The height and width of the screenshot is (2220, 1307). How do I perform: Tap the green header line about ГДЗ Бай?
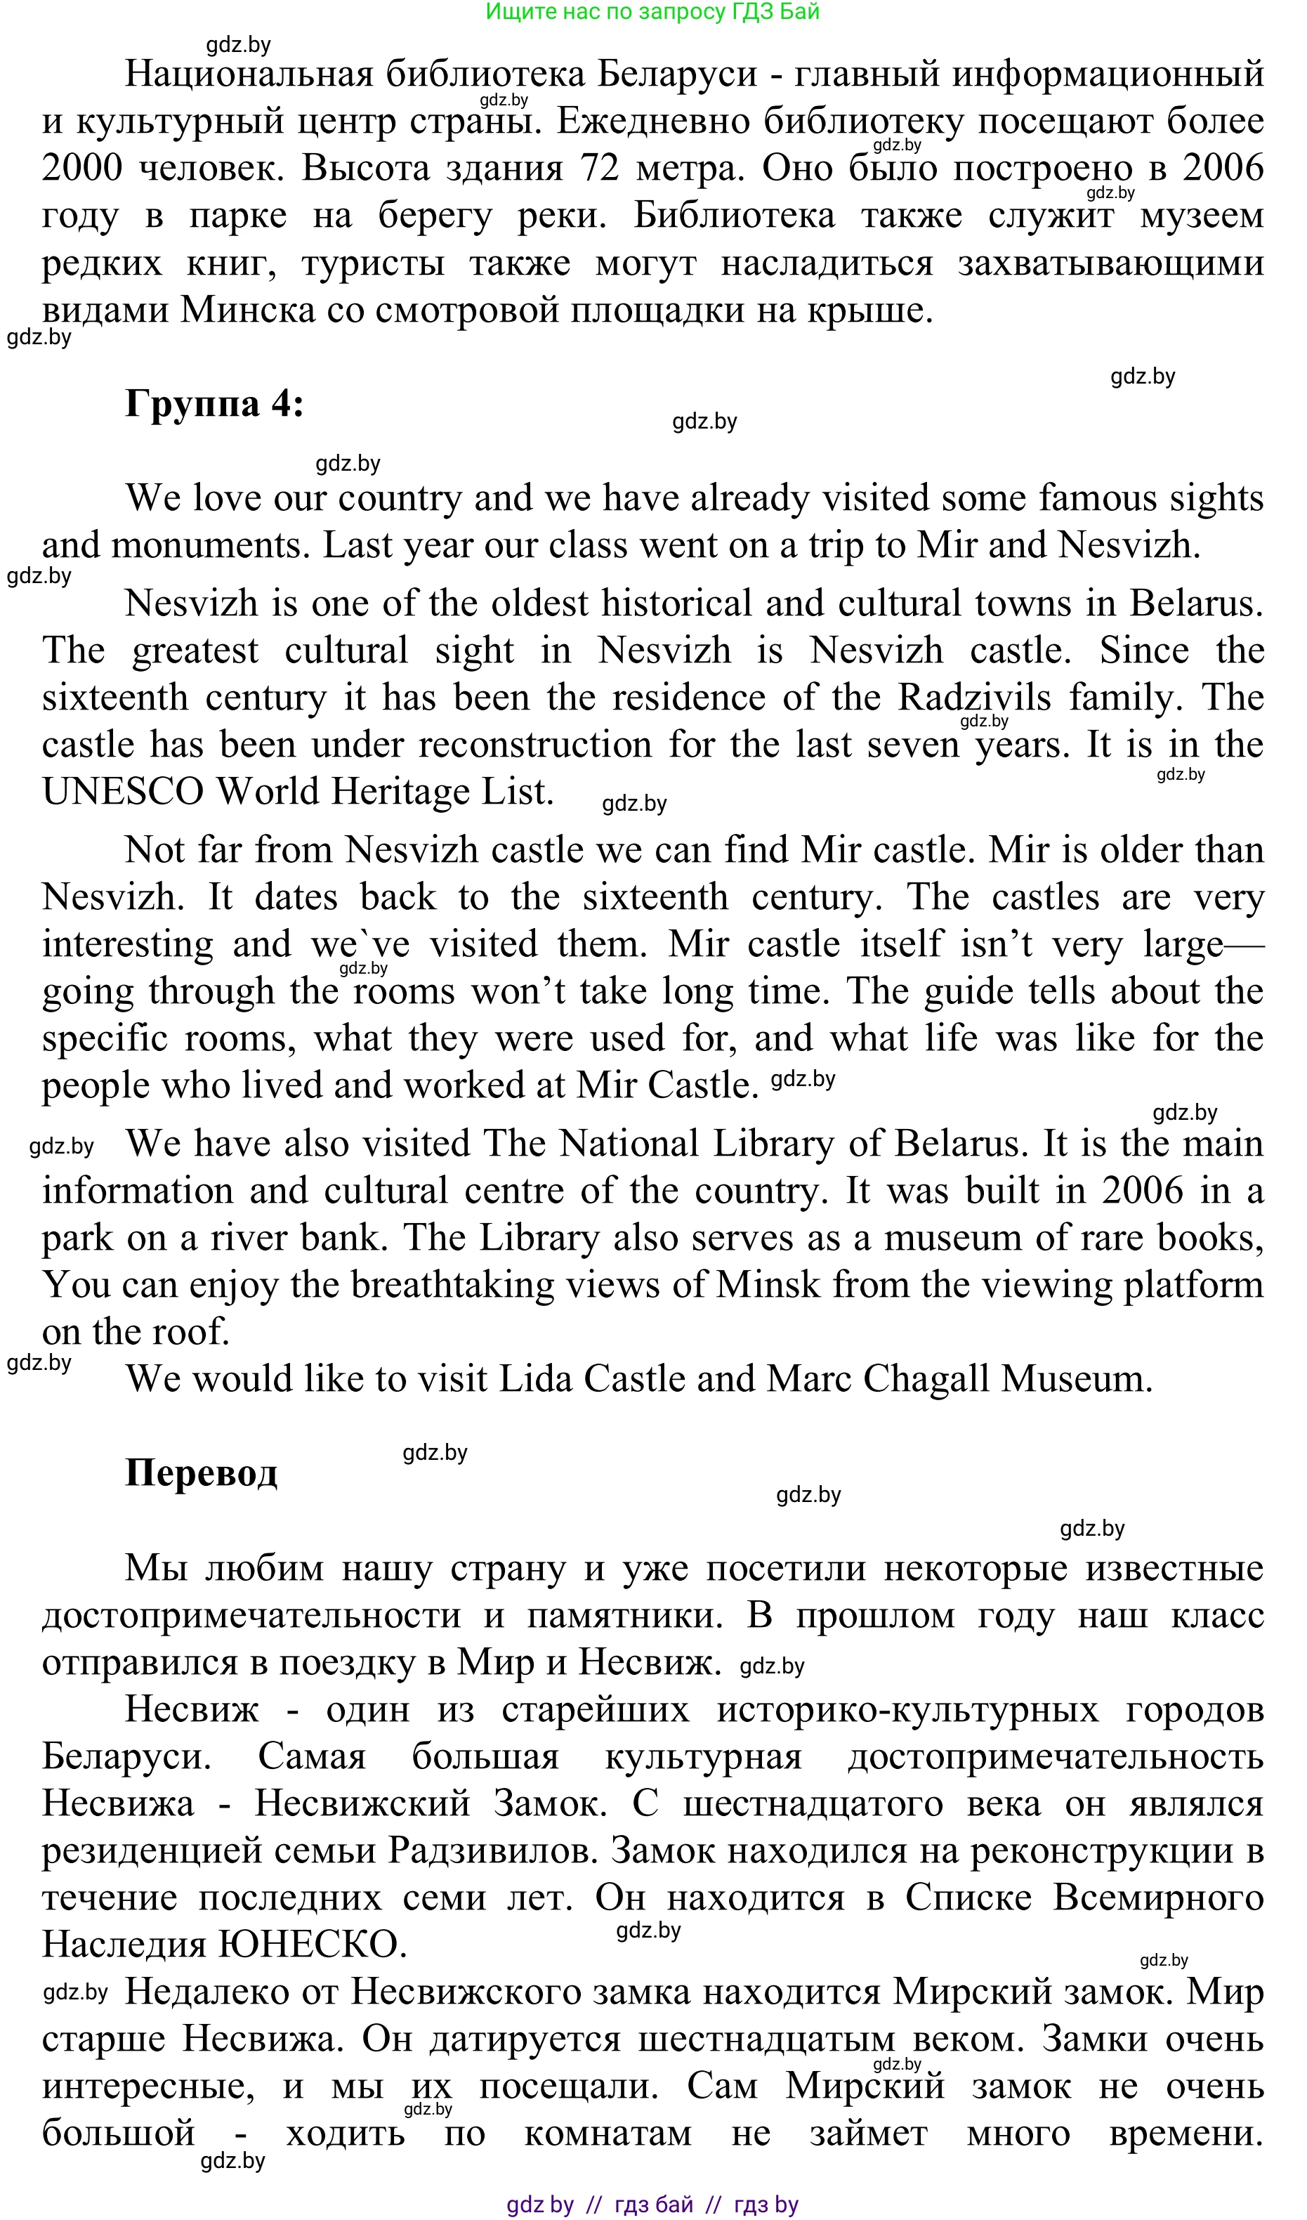(652, 11)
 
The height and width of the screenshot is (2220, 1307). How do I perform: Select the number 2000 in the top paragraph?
(82, 169)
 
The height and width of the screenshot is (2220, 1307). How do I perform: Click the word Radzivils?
(974, 698)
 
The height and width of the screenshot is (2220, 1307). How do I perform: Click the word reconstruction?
(534, 745)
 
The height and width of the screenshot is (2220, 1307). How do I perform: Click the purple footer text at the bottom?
(652, 2204)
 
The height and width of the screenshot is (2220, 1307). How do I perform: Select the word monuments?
(209, 545)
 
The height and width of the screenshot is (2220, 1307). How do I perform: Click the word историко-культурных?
(907, 1709)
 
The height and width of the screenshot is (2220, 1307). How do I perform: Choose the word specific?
(105, 1038)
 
